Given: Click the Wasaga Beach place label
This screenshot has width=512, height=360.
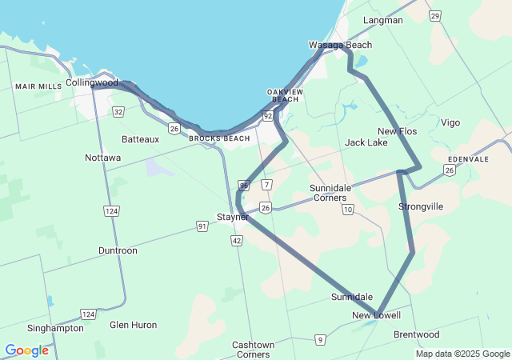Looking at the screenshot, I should (340, 46).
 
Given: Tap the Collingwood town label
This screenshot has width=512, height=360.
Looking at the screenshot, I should (92, 82).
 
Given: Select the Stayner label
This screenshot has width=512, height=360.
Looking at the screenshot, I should (233, 217).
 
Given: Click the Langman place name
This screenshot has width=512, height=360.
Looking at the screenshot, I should (383, 20).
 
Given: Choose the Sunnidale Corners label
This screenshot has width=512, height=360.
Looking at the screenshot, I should (330, 193).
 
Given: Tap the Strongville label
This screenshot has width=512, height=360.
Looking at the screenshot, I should (421, 206).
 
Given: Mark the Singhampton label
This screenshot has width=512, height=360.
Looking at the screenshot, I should (55, 328).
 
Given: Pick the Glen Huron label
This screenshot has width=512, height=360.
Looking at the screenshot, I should (133, 325).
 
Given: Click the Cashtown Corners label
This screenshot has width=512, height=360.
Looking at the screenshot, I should (253, 350).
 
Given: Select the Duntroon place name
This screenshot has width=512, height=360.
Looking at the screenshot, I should (118, 250).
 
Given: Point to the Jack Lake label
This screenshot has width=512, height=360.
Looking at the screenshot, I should (366, 142).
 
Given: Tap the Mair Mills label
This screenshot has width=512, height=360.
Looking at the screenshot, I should (38, 86).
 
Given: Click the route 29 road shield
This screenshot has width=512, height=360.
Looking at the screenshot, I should (434, 15).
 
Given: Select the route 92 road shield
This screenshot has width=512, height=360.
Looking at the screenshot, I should (268, 117).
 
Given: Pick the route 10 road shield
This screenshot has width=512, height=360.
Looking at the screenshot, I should (347, 210).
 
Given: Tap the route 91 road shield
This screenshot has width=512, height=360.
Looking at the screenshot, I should (203, 227).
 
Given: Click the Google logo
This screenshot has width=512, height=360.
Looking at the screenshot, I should (26, 350).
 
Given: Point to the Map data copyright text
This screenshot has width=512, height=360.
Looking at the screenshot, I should (462, 354).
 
